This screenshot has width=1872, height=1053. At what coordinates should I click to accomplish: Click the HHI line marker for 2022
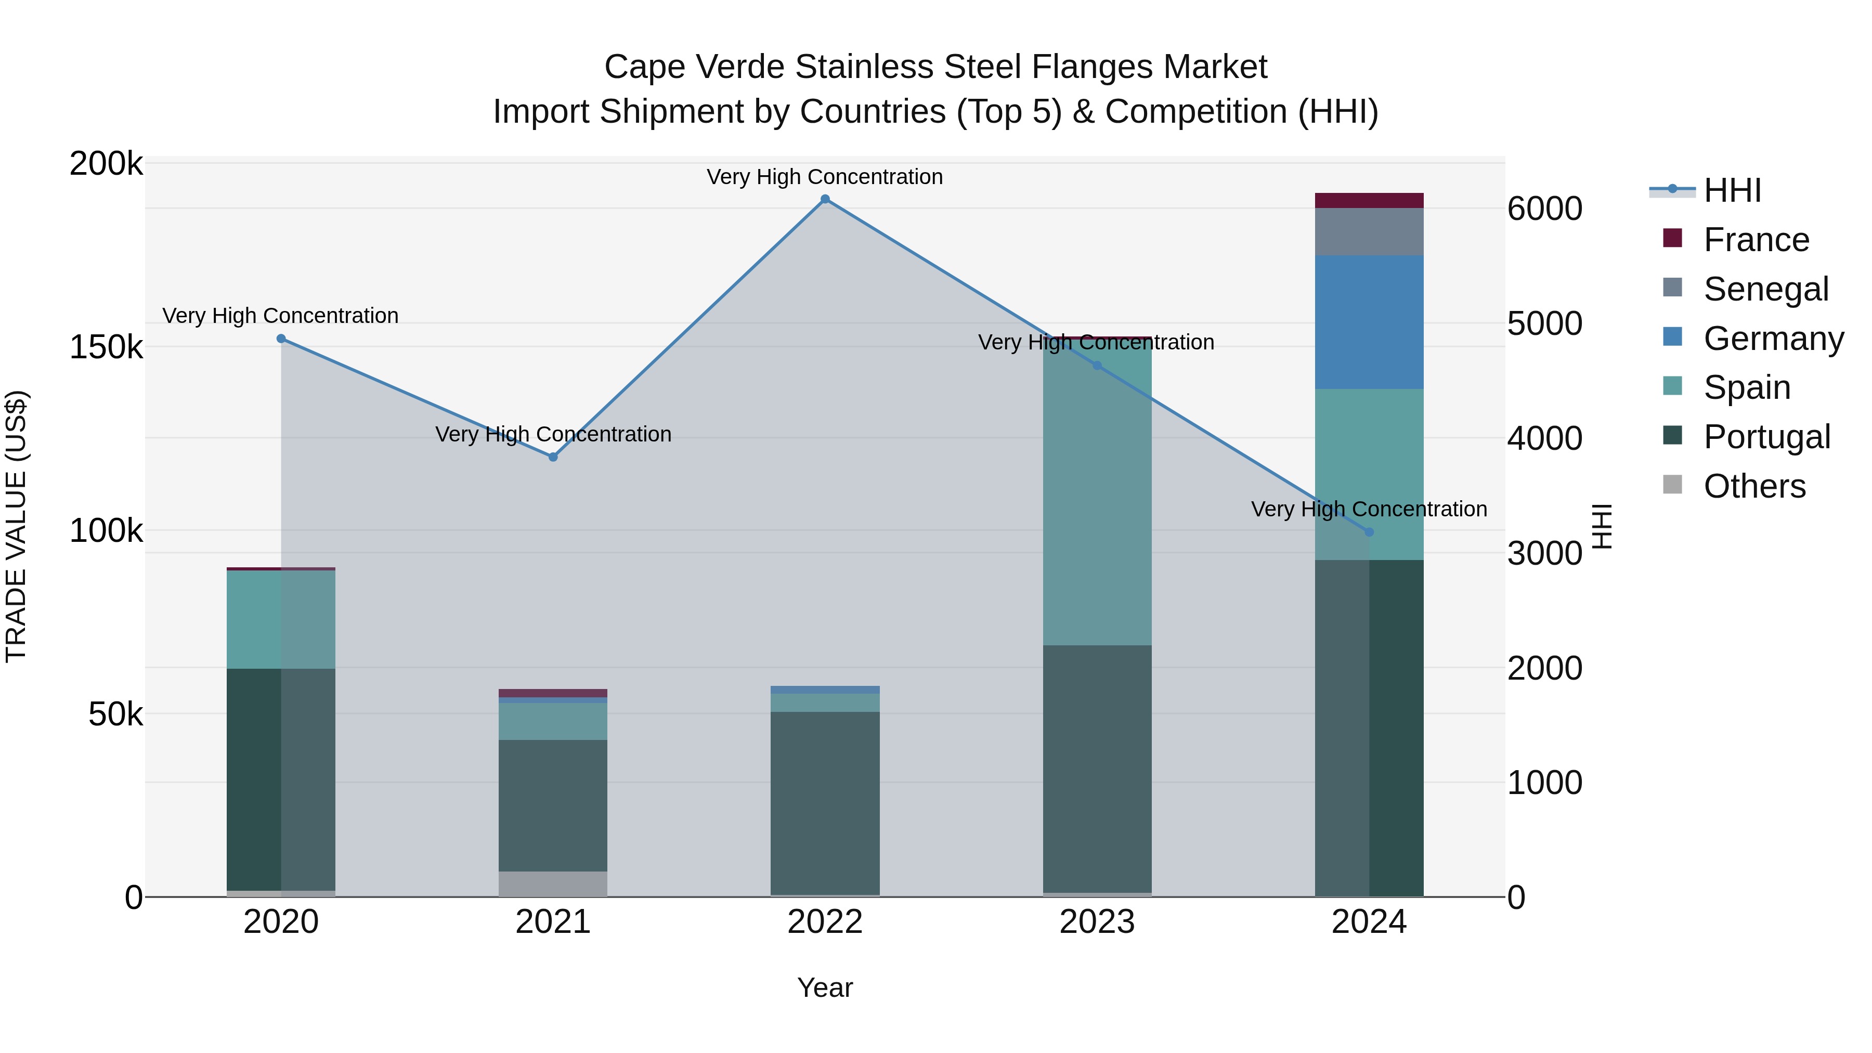point(825,199)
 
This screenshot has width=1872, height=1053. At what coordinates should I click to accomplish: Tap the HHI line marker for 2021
point(553,457)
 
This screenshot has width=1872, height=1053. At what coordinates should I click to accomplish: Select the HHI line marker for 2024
point(1369,532)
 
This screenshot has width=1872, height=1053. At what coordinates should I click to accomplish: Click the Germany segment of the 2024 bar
point(1369,322)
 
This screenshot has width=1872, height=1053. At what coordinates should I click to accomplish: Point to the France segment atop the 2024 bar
point(1369,201)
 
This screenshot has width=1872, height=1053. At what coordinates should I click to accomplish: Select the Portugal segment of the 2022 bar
point(825,803)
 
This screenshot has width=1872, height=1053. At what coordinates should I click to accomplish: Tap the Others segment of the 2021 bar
point(553,883)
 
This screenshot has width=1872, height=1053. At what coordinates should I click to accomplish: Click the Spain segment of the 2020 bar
point(281,619)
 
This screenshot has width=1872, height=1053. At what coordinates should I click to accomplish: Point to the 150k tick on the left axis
point(106,347)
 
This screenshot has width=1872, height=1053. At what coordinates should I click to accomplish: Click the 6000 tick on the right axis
point(1545,209)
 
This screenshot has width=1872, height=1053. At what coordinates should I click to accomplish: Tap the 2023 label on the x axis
point(1097,922)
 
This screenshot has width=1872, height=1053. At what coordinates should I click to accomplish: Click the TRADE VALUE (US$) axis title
point(16,526)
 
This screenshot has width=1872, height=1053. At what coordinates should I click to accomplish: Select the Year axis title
point(825,987)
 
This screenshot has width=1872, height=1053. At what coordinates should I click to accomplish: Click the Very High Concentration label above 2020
point(280,316)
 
